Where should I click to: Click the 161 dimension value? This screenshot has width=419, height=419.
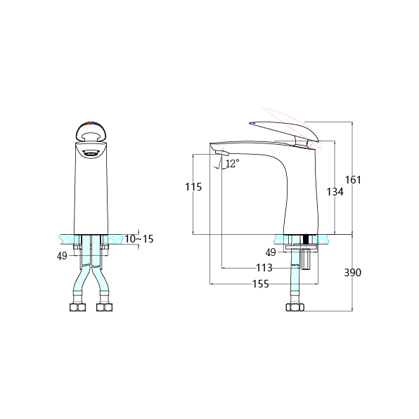click(x=353, y=180)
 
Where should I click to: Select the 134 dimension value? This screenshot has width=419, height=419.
click(x=335, y=192)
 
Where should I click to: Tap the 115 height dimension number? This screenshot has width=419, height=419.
click(x=193, y=187)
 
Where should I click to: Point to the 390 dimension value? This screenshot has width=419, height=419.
click(x=352, y=273)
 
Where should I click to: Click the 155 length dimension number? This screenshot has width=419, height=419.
click(x=261, y=284)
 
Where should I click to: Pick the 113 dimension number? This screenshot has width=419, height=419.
click(x=264, y=268)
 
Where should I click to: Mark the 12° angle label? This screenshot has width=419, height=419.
click(x=232, y=162)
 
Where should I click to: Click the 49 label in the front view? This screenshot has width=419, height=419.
click(x=62, y=256)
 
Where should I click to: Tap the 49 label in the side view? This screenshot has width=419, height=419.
click(x=271, y=252)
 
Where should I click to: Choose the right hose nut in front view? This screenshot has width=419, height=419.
click(x=104, y=307)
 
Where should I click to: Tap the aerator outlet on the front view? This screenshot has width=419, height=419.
click(x=91, y=153)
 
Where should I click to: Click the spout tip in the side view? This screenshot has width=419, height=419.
click(x=221, y=154)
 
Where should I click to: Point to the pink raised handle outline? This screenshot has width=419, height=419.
click(x=288, y=119)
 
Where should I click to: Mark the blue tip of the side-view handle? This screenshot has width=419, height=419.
click(x=252, y=123)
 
